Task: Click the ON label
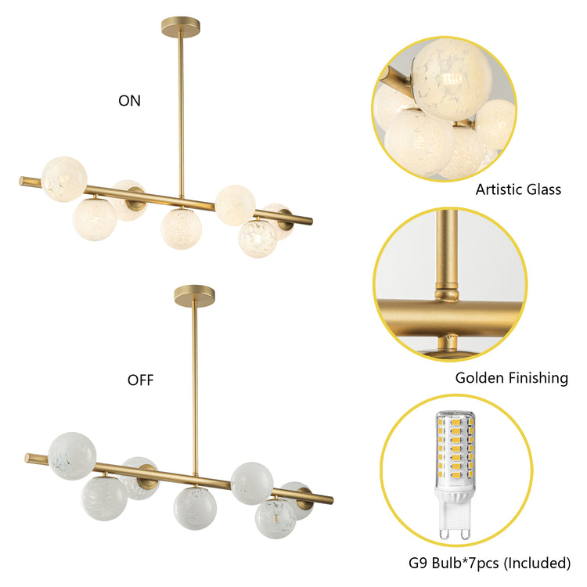(129, 100)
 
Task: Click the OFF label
(140, 381)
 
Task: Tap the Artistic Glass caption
(518, 189)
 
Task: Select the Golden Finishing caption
(511, 378)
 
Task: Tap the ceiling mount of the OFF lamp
(194, 295)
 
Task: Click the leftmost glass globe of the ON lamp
(64, 178)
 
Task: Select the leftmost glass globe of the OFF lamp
(72, 455)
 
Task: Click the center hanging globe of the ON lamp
(182, 228)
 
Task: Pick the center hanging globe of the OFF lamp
(195, 507)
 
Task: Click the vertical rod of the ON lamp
(181, 110)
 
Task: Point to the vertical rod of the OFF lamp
(195, 384)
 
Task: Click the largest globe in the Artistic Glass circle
(452, 78)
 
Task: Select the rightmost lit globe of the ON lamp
(278, 221)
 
